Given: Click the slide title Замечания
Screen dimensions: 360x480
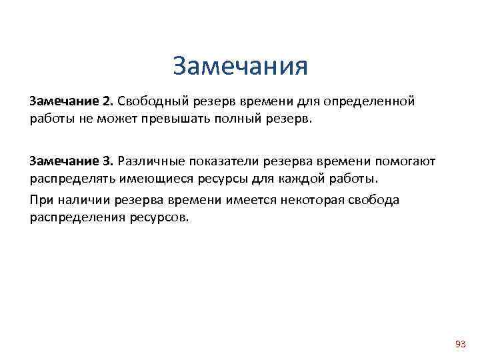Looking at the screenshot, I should tap(240, 66).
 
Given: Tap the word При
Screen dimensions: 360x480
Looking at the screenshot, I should tap(39, 200).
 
